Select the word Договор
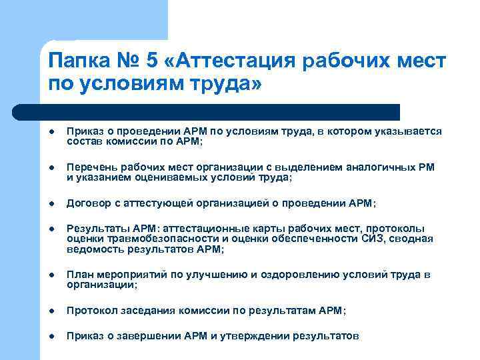87,203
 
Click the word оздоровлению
291,275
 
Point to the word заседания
145,311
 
